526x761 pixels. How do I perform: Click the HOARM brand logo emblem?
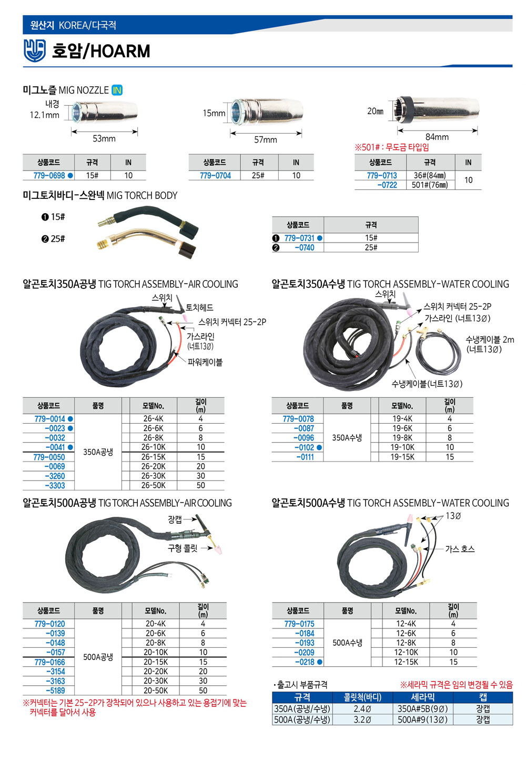point(35,51)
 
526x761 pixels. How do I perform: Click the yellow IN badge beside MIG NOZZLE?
point(117,90)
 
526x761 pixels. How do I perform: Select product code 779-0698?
point(49,175)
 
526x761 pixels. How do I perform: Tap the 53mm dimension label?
point(104,138)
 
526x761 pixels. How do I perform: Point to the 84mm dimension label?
point(437,137)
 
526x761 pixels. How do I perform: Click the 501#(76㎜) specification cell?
point(430,185)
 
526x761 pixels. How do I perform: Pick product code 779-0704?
point(215,175)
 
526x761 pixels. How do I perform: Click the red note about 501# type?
point(391,147)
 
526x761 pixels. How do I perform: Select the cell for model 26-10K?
point(154,447)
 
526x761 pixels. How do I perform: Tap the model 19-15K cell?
point(402,457)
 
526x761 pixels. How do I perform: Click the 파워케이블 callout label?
point(205,362)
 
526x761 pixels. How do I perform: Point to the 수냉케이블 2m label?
point(490,339)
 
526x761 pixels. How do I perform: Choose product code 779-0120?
point(49,624)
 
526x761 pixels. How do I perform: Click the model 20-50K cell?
point(156,690)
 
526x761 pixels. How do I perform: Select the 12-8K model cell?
point(406,643)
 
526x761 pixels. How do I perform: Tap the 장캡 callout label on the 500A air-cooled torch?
point(175,519)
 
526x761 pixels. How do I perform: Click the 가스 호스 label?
point(460,549)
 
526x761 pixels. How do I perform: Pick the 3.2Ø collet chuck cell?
point(362,719)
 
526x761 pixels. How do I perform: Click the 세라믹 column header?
point(423,697)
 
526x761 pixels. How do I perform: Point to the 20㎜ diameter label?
point(375,111)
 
